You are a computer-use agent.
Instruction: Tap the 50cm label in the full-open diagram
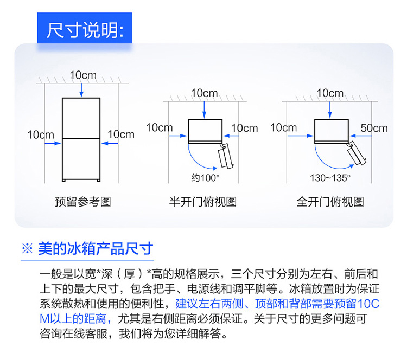pyautogui.click(x=374, y=128)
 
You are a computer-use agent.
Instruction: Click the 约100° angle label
pyautogui.click(x=205, y=177)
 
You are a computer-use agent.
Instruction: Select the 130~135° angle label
pyautogui.click(x=330, y=177)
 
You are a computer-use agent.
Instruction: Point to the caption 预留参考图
pyautogui.click(x=82, y=202)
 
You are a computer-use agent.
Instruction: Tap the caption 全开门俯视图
pyautogui.click(x=330, y=202)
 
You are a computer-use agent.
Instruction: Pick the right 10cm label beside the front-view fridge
pyautogui.click(x=120, y=134)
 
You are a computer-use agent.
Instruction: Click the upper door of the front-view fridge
pyautogui.click(x=81, y=117)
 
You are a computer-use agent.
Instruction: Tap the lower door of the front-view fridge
pyautogui.click(x=81, y=159)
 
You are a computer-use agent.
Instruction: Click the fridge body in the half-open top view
pyautogui.click(x=205, y=130)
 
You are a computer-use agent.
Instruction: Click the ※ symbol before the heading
pyautogui.click(x=27, y=249)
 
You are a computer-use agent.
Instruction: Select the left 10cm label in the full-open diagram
pyautogui.click(x=283, y=128)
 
